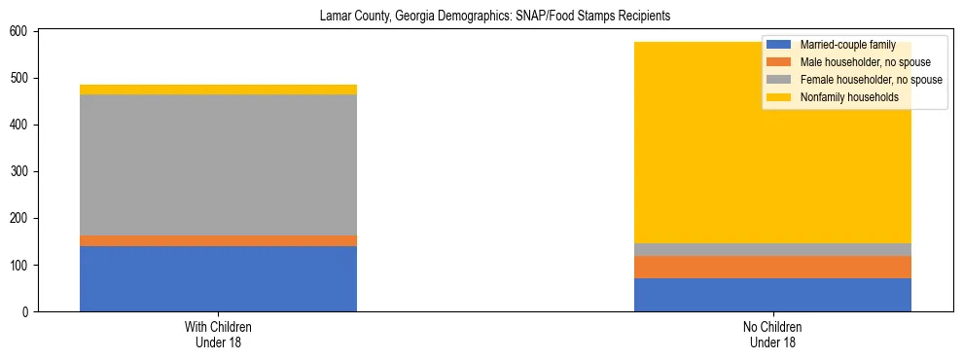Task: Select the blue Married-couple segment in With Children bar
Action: [218, 278]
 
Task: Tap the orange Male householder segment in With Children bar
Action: [218, 240]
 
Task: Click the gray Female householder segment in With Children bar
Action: [218, 164]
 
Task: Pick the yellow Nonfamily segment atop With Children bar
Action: [218, 90]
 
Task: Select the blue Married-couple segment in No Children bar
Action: [772, 295]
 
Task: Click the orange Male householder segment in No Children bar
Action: [772, 267]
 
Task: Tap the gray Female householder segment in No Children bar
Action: [772, 249]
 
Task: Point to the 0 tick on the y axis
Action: [27, 311]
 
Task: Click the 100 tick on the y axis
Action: [21, 265]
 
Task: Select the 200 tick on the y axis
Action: [21, 218]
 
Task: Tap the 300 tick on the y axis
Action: [21, 171]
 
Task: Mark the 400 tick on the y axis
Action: [21, 125]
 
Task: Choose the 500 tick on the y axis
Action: [21, 78]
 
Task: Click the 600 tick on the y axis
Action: [21, 31]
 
